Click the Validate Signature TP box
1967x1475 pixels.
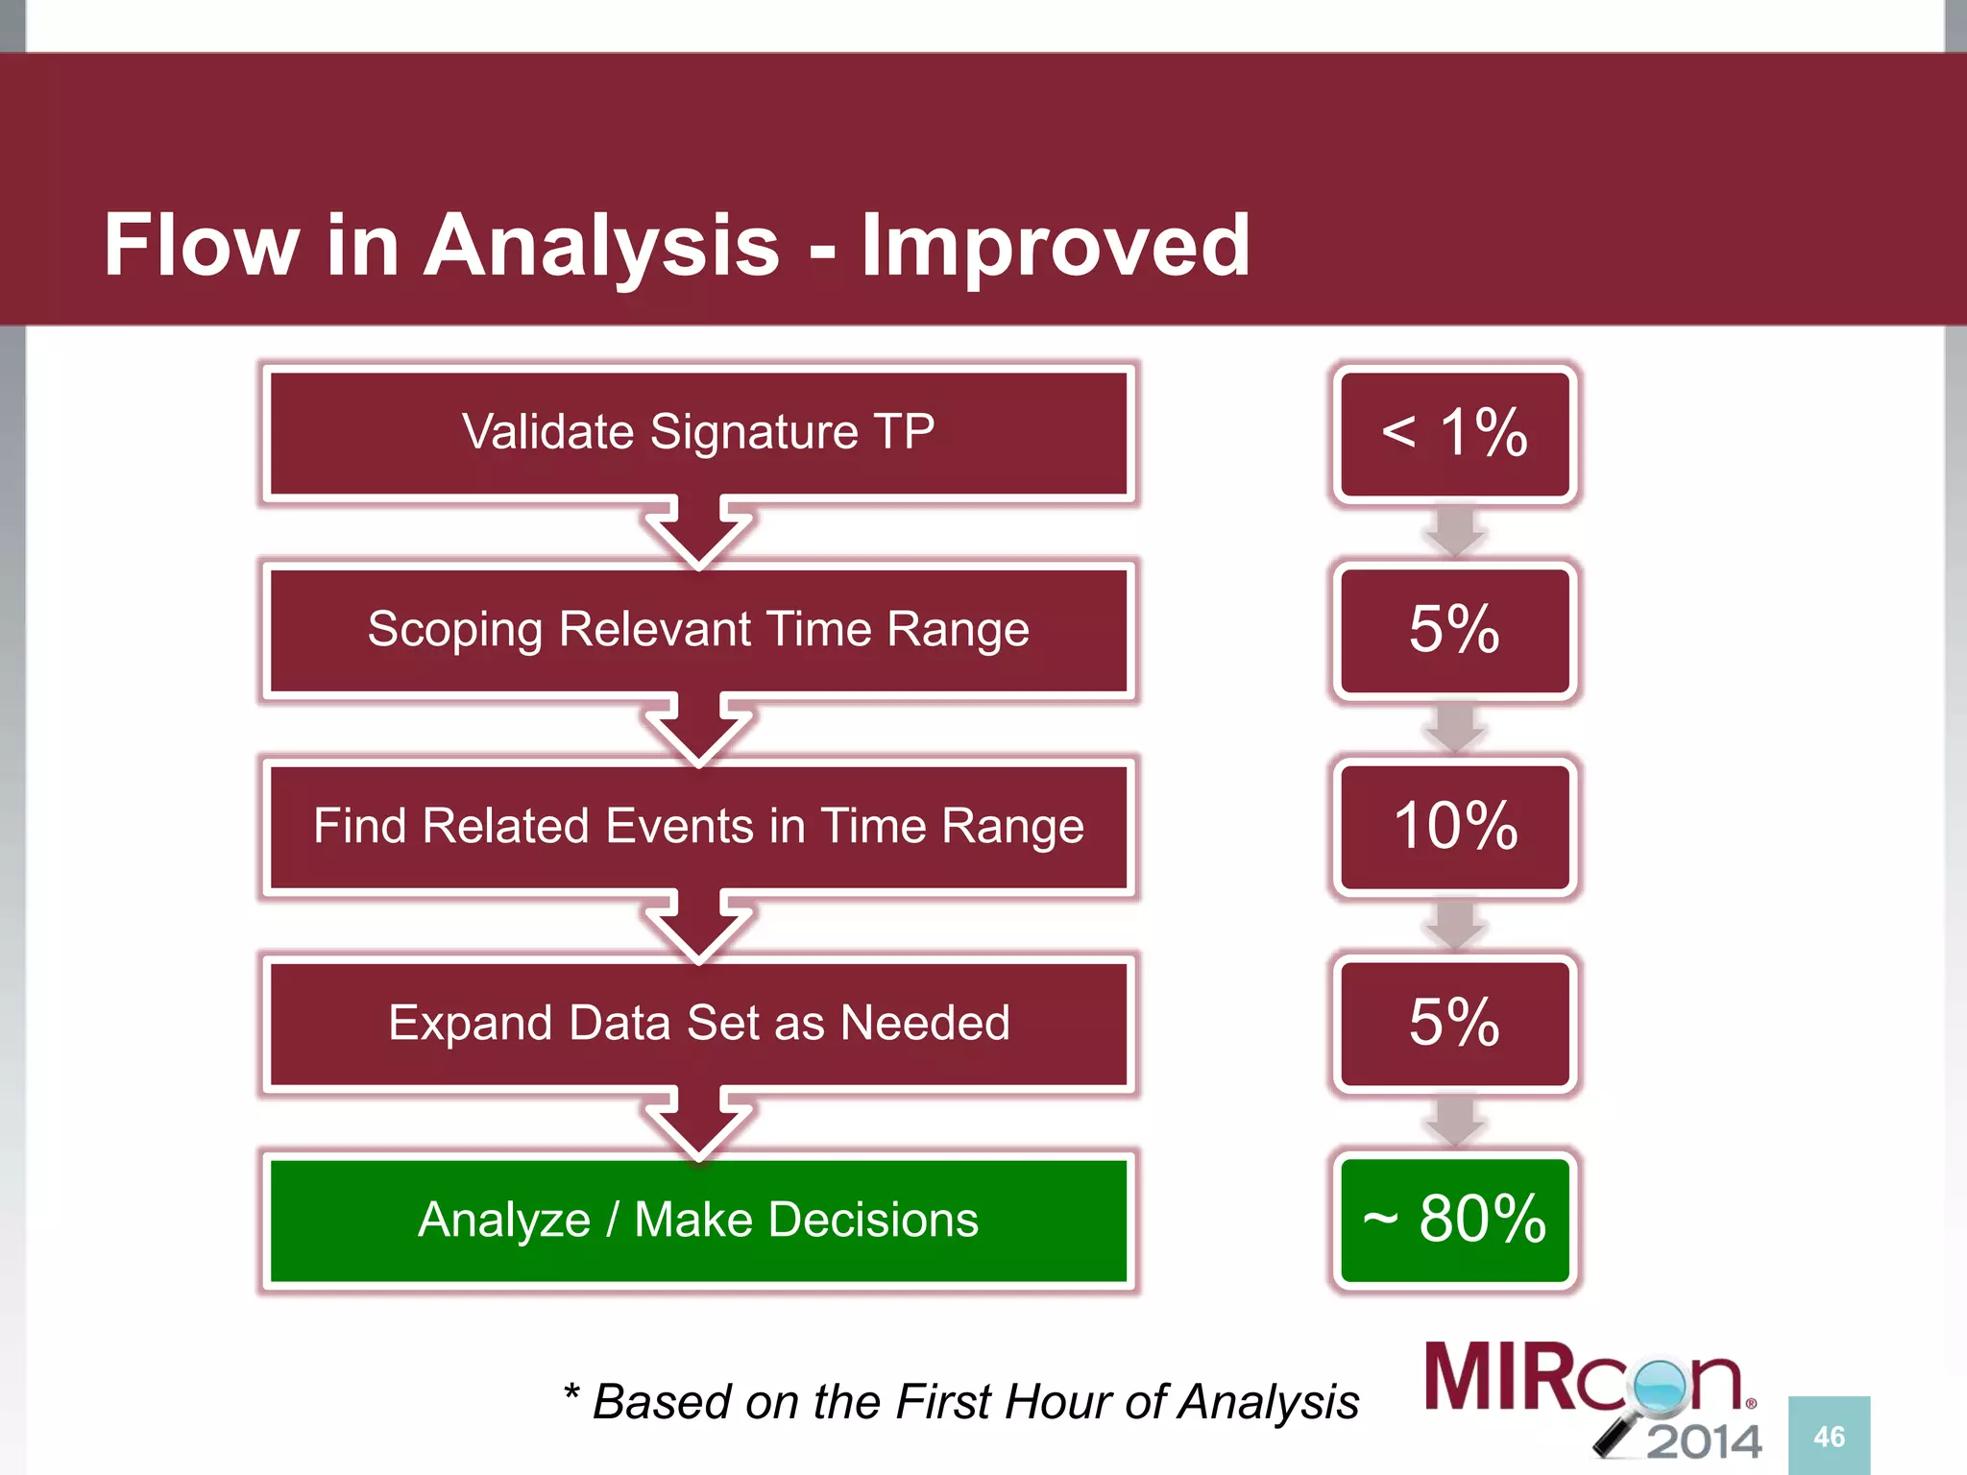point(698,433)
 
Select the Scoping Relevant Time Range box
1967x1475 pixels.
point(698,630)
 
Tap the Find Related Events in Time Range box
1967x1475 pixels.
point(698,827)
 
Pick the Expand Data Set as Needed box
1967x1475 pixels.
point(698,1024)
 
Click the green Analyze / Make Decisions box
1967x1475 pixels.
point(698,1221)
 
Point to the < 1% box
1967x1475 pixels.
point(1454,433)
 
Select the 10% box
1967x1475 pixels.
point(1454,827)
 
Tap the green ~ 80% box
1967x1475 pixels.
point(1454,1221)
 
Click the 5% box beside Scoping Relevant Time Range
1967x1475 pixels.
point(1454,630)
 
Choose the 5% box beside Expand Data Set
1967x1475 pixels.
point(1454,1024)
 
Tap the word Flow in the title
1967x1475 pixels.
point(201,246)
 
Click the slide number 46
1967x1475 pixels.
point(1829,1437)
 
